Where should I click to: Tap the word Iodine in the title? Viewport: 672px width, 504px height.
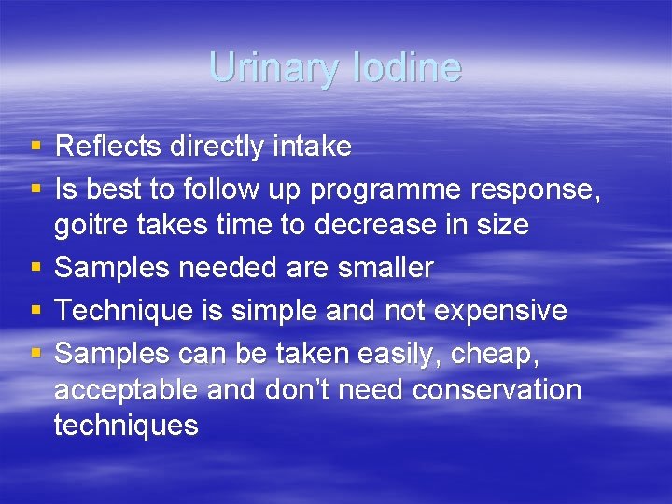click(x=412, y=68)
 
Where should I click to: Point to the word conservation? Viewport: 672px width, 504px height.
click(x=497, y=389)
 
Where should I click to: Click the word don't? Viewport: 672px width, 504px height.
click(x=287, y=389)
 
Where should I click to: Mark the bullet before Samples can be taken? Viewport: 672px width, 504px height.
click(x=35, y=354)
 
